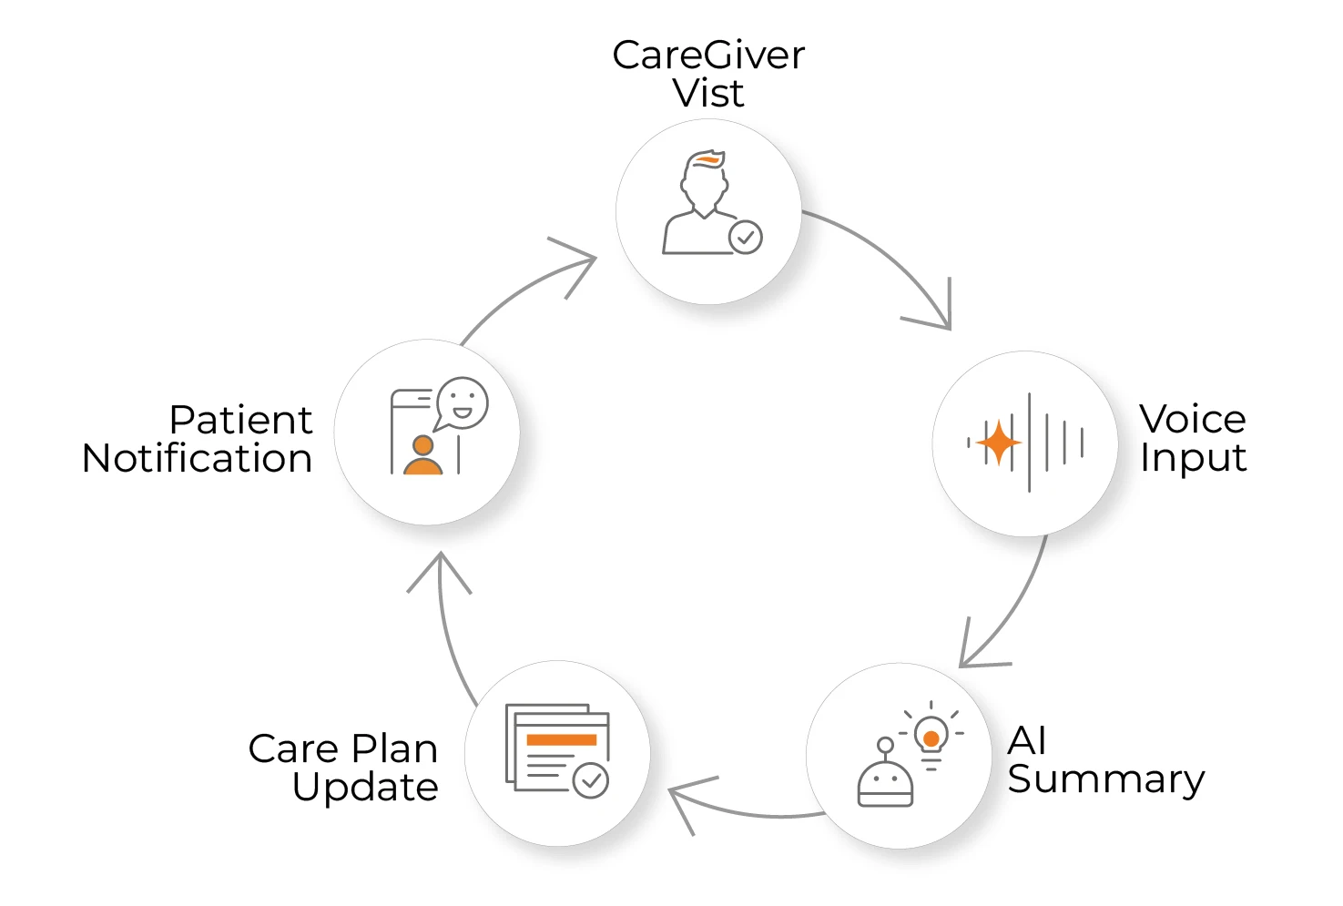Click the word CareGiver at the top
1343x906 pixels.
pos(707,56)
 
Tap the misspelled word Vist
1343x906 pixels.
pos(708,94)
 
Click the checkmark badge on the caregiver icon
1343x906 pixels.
pos(746,238)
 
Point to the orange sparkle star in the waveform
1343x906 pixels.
pos(998,443)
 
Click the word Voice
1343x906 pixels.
pos(1192,420)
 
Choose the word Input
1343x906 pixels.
pos(1193,458)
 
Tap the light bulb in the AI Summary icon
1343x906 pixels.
pos(931,736)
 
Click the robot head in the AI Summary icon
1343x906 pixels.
pos(885,782)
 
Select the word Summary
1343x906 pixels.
pos(1105,779)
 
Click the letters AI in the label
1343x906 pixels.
pos(1027,741)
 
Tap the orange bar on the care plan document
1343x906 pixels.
pos(561,739)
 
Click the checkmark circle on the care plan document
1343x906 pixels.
pos(591,780)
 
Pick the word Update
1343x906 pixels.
pos(365,788)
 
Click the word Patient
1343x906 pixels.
pos(240,421)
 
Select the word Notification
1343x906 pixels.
pos(197,459)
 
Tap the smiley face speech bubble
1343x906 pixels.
pos(462,402)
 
